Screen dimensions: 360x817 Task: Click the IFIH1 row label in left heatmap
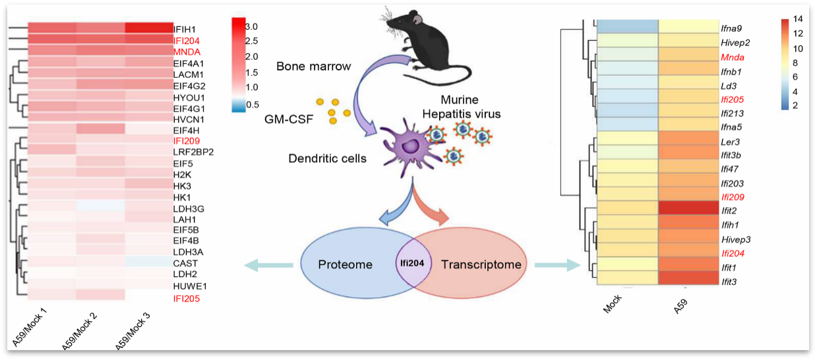[185, 30]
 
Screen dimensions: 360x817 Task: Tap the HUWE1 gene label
[189, 286]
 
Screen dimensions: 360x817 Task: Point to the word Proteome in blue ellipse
[346, 264]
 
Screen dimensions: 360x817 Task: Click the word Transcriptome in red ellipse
[481, 264]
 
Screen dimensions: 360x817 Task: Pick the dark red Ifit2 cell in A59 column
[689, 210]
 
